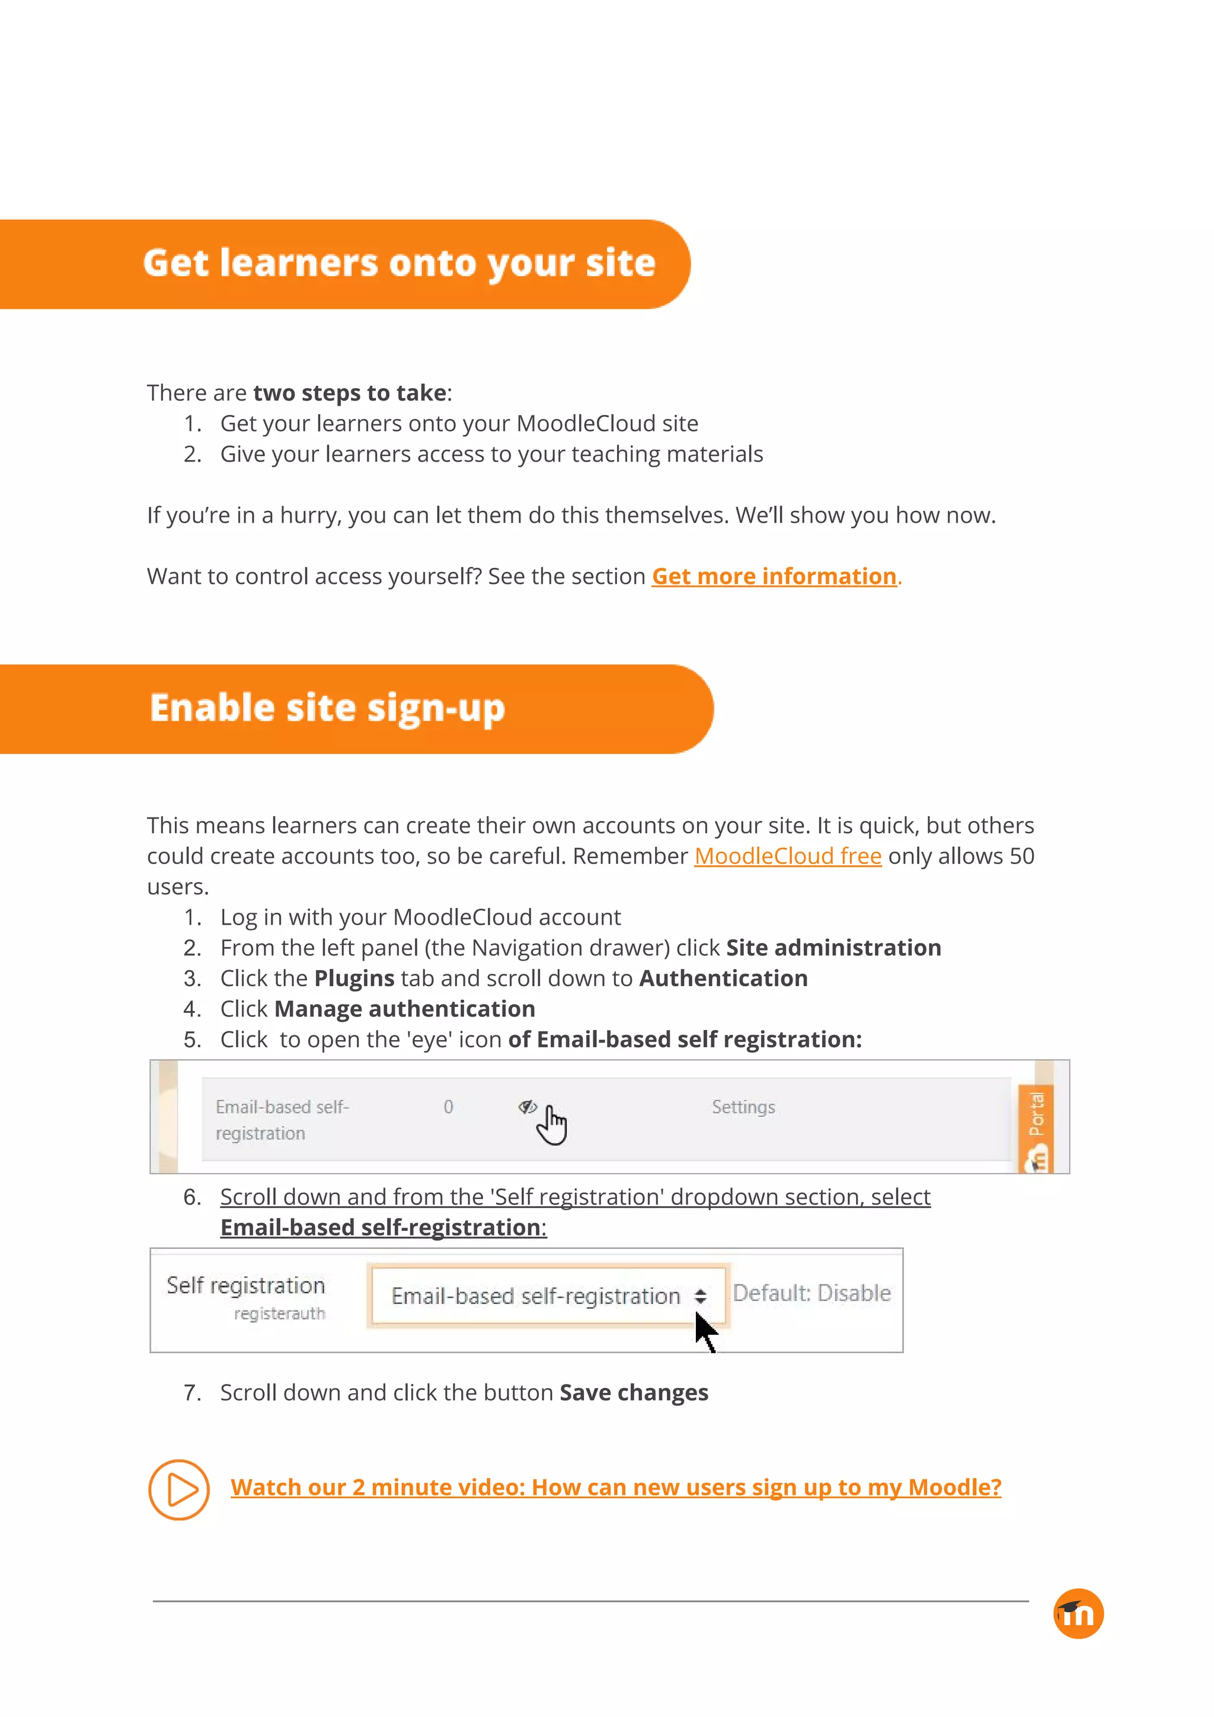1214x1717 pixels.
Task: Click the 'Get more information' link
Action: coord(774,577)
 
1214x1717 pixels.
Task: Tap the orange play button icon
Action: coord(179,1489)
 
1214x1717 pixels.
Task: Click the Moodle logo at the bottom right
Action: coord(1078,1614)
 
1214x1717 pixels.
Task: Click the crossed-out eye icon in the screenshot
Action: coord(528,1107)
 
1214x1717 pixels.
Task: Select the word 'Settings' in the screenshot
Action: coord(743,1107)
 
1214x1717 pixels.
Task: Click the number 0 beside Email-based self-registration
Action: coord(448,1107)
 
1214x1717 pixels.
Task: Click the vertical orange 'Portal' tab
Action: coord(1036,1114)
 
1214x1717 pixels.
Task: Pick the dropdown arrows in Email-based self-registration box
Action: coord(700,1296)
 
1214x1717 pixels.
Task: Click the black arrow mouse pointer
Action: coord(705,1332)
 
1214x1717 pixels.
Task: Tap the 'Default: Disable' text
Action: coord(812,1293)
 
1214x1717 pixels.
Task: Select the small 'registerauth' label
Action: coord(279,1314)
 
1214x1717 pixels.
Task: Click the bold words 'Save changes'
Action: coord(634,1392)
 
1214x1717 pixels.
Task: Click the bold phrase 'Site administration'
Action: coord(833,948)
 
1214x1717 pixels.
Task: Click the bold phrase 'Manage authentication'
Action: coord(405,1009)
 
